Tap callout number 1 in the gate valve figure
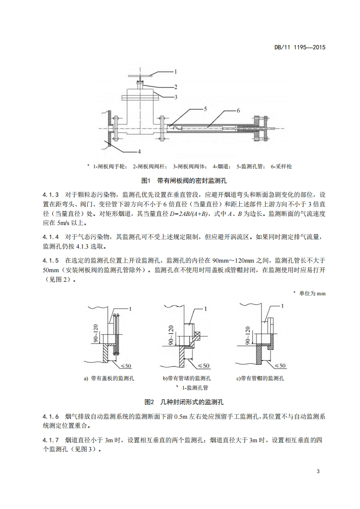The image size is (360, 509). (x=176, y=72)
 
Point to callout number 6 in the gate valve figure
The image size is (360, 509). (x=238, y=110)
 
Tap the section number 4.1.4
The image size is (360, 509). (x=51, y=237)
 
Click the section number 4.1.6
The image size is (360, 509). (x=51, y=416)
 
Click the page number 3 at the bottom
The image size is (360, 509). (x=319, y=471)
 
